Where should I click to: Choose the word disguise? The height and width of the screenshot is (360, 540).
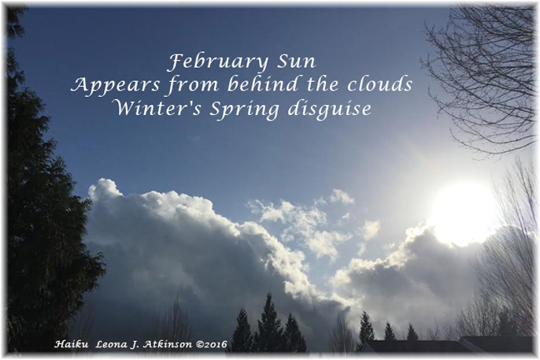pyautogui.click(x=326, y=109)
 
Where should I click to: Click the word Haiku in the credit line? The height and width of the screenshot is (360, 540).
pyautogui.click(x=69, y=343)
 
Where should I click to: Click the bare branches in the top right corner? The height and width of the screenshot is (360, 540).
pyautogui.click(x=480, y=71)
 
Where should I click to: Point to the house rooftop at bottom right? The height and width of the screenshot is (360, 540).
pyautogui.click(x=441, y=344)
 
